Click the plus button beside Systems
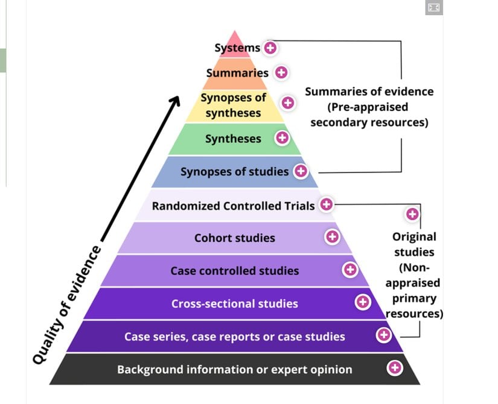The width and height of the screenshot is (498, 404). coord(270,48)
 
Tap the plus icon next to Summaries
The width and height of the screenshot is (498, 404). coord(281,72)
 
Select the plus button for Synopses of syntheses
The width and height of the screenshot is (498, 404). coord(289,103)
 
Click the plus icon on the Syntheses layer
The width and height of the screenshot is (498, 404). coord(282,138)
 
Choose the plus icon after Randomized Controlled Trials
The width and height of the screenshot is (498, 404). coord(327,205)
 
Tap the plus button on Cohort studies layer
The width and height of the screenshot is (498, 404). coord(332,238)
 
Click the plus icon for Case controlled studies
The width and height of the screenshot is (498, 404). coord(350,270)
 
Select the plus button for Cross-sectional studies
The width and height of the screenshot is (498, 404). coord(363,302)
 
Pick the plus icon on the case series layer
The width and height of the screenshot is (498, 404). coord(383,335)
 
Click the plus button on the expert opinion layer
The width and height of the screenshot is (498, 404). coord(395,367)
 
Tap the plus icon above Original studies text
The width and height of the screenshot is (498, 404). coord(413,214)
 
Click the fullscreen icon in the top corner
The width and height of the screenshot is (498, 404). coord(434,7)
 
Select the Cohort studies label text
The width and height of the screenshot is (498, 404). coord(234,238)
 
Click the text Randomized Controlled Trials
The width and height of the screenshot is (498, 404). coord(233,206)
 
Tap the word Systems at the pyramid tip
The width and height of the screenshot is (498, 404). coord(237,48)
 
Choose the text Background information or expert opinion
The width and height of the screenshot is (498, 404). coord(234,369)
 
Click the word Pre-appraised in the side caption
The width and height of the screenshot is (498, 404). coord(368,107)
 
